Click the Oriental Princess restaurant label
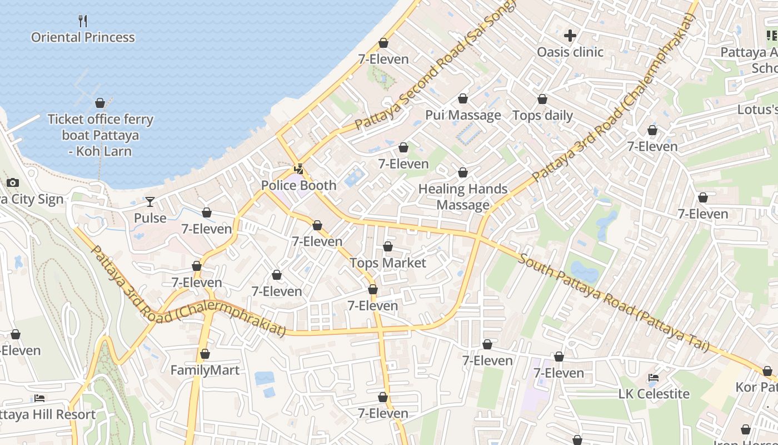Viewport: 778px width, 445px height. pos(83,37)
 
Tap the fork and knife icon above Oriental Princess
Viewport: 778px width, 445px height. pos(83,21)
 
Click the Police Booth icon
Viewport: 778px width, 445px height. pos(299,169)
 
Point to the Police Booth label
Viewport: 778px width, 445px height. pos(299,185)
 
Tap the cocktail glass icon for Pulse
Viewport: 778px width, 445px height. pos(150,201)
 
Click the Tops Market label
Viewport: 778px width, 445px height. pos(388,263)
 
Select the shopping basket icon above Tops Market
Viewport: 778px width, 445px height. pos(388,246)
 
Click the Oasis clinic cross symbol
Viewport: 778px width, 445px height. pos(570,36)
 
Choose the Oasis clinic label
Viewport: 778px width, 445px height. pos(570,52)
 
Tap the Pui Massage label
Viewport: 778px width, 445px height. pos(463,115)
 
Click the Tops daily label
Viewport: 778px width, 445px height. pos(542,115)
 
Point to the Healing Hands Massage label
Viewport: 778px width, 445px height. pos(463,197)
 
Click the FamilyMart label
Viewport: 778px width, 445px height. pos(205,370)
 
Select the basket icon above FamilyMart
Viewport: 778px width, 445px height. pos(205,354)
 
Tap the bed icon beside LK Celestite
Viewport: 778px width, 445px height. pos(654,378)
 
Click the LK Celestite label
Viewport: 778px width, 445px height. pos(654,394)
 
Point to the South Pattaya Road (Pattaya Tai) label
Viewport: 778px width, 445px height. pos(614,304)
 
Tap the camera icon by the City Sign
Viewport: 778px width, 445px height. pos(12,182)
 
